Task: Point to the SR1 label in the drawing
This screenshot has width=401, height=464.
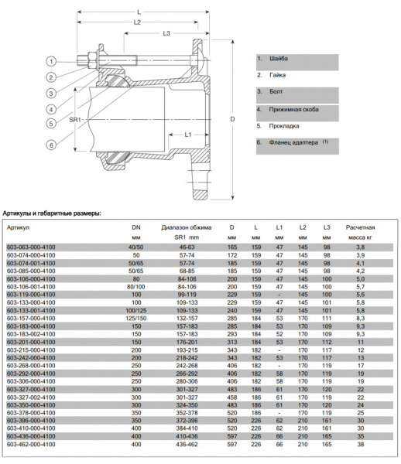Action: [76, 119]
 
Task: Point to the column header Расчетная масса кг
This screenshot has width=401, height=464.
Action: [360, 232]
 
